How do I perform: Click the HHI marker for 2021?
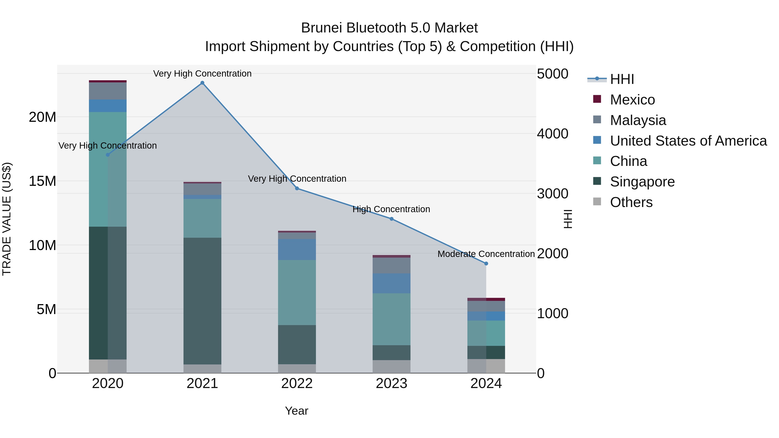202,83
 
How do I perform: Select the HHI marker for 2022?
297,188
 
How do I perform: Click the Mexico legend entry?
632,100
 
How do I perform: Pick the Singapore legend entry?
642,182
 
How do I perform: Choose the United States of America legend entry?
688,141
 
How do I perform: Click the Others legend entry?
631,202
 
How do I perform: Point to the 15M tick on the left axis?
42,181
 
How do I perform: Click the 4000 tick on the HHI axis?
552,134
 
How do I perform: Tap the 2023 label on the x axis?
391,383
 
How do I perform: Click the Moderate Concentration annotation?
486,254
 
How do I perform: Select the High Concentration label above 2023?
391,209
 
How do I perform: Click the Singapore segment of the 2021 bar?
202,301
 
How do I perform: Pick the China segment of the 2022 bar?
297,292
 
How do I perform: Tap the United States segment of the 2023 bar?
391,283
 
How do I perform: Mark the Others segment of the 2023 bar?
391,366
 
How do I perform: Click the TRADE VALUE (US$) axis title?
7,219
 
